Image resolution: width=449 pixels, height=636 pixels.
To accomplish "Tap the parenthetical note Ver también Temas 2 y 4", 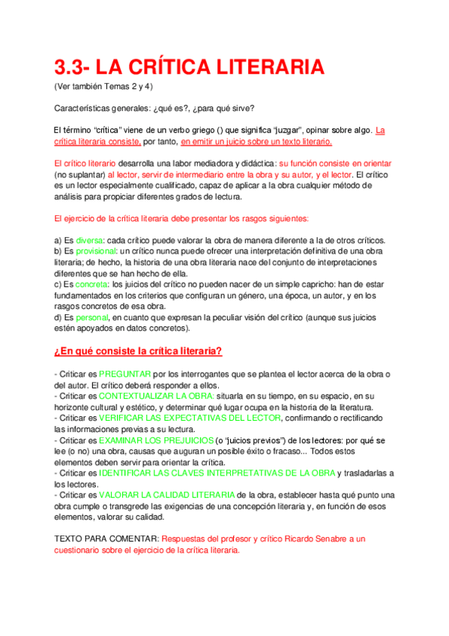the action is tap(104, 86).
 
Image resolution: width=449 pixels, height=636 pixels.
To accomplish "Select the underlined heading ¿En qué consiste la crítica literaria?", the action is tap(138, 351).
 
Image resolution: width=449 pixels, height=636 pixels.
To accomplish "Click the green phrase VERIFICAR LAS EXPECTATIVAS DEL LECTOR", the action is tap(190, 418).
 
